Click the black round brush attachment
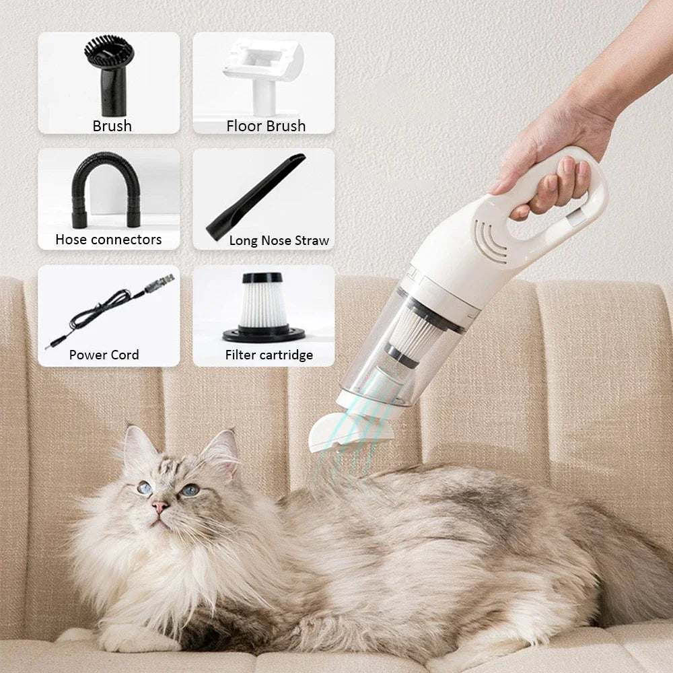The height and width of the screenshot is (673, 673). click(x=109, y=74)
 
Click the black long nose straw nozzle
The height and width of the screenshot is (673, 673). click(x=256, y=195)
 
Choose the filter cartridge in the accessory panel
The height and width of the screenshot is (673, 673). click(x=263, y=307)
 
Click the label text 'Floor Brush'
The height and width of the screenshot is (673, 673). click(x=266, y=126)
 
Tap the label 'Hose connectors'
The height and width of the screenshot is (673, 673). click(x=108, y=240)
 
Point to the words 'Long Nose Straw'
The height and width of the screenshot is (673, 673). click(x=279, y=240)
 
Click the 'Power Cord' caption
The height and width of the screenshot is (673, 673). click(x=104, y=355)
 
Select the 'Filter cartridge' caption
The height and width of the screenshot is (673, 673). click(x=269, y=355)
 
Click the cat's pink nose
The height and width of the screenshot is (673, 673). click(x=160, y=506)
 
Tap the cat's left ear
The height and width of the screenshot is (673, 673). click(x=138, y=448)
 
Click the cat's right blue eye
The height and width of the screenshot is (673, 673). click(x=190, y=490)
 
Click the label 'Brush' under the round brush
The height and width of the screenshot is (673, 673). click(x=112, y=126)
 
